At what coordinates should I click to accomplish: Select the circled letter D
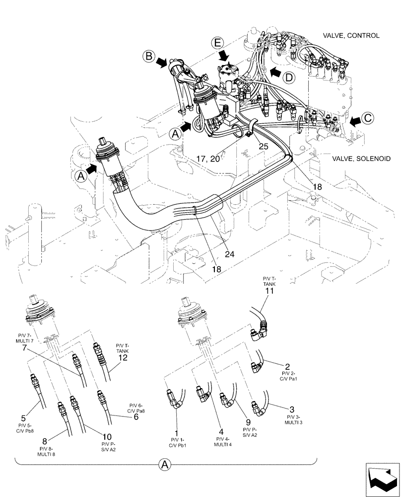[x=289, y=77]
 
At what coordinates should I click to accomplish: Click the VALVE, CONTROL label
[x=351, y=36]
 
